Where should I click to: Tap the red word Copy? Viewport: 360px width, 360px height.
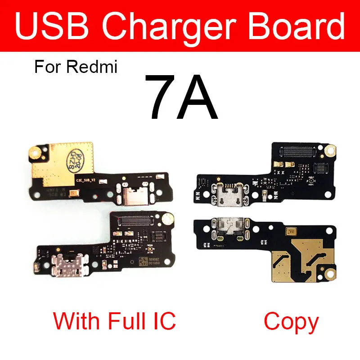[291, 322]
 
